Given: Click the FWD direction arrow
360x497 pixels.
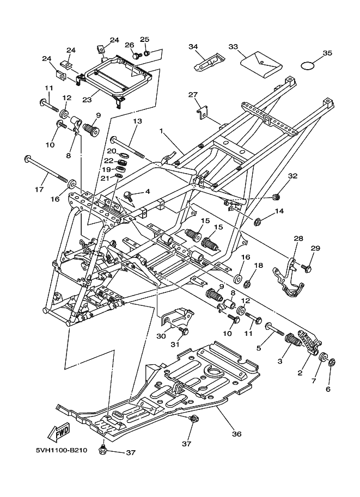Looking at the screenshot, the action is (58, 432).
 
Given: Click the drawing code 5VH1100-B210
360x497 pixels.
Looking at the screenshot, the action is (62, 450).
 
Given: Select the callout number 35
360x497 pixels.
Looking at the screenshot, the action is (327, 53).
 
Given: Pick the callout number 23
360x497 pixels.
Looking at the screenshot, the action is (87, 100).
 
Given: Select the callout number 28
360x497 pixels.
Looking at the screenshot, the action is (298, 238).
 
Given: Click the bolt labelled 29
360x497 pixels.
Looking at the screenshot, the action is (306, 268).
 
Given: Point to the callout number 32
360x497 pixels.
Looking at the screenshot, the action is (292, 176).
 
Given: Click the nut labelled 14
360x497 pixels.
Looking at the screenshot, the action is (257, 222).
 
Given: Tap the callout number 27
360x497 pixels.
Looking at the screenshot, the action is (193, 95).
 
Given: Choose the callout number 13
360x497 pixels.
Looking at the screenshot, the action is (137, 121).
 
